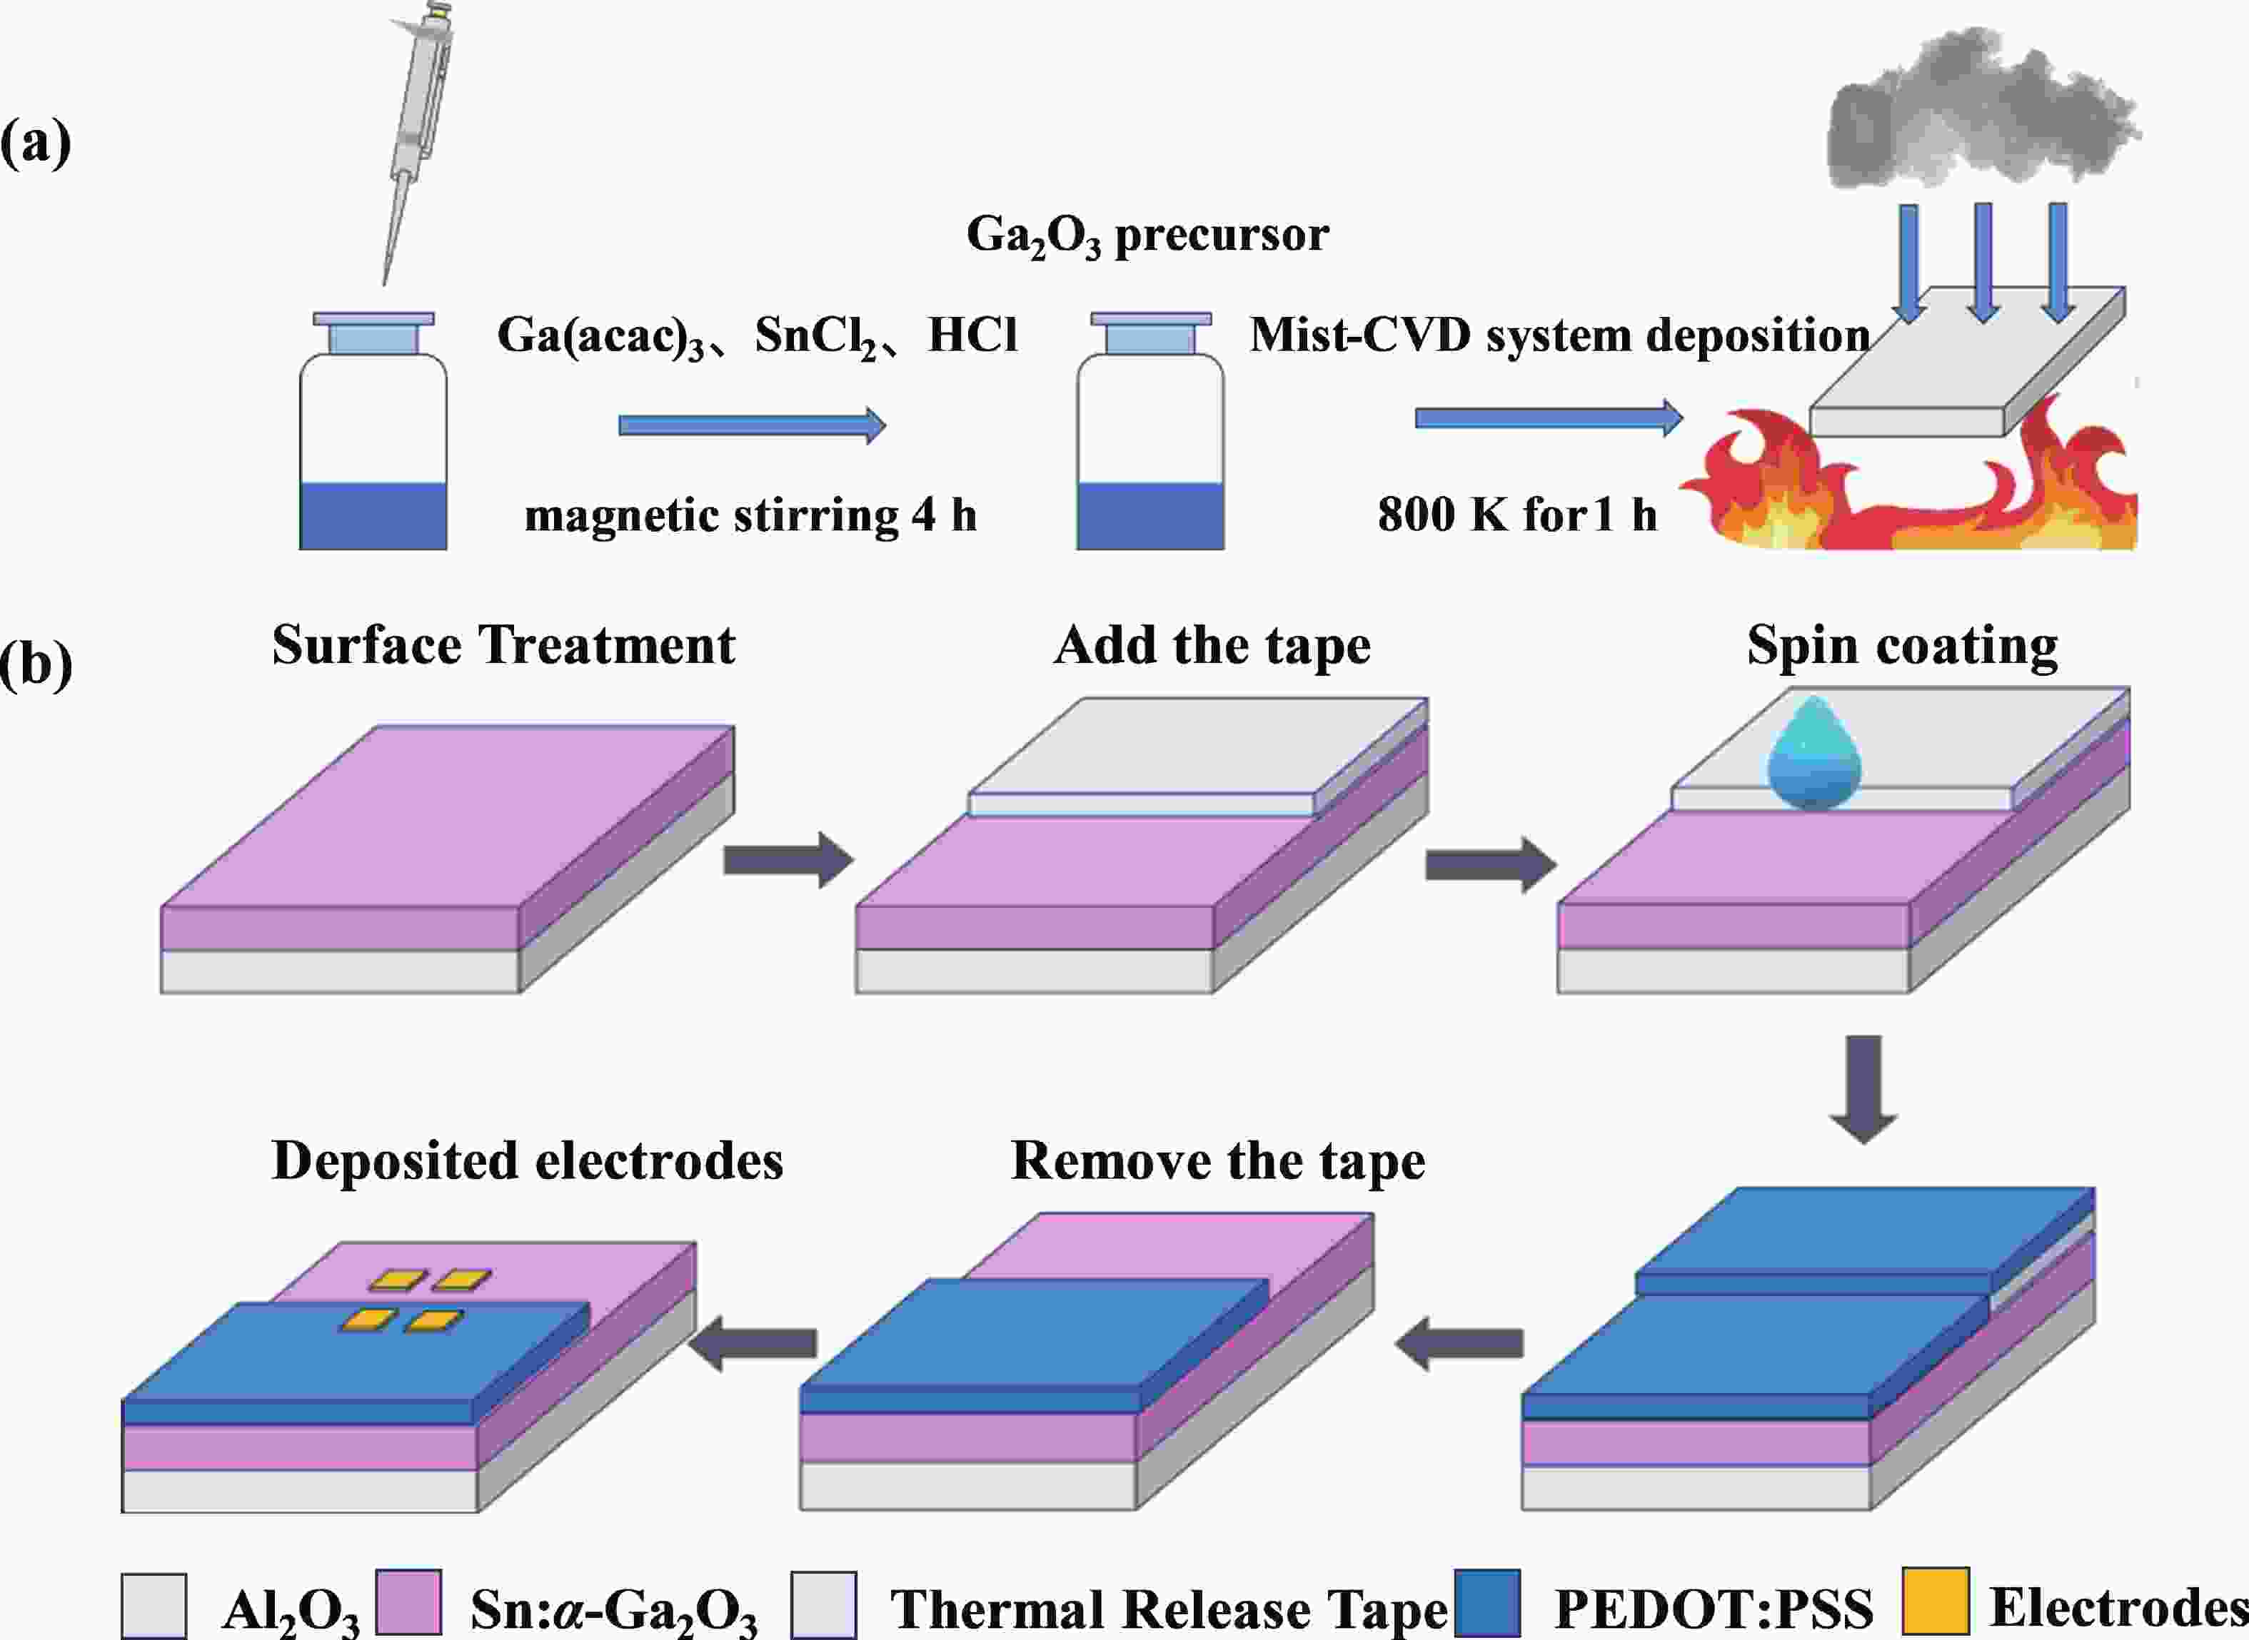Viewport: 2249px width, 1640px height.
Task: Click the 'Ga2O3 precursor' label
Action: (x=1147, y=236)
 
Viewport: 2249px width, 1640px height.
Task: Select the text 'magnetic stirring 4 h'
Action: (x=750, y=515)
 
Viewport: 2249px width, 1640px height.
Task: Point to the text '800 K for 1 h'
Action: (x=1516, y=515)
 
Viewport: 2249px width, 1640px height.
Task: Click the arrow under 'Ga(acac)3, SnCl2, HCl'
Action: (x=752, y=426)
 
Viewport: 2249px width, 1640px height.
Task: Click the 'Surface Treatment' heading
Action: (x=503, y=645)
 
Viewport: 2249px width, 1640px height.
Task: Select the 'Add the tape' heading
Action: (x=1212, y=645)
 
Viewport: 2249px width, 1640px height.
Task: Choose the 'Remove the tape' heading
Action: (x=1217, y=1160)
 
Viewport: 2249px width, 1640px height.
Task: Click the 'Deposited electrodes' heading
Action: (x=527, y=1160)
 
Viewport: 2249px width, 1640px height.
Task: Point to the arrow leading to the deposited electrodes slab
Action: (x=753, y=1344)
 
